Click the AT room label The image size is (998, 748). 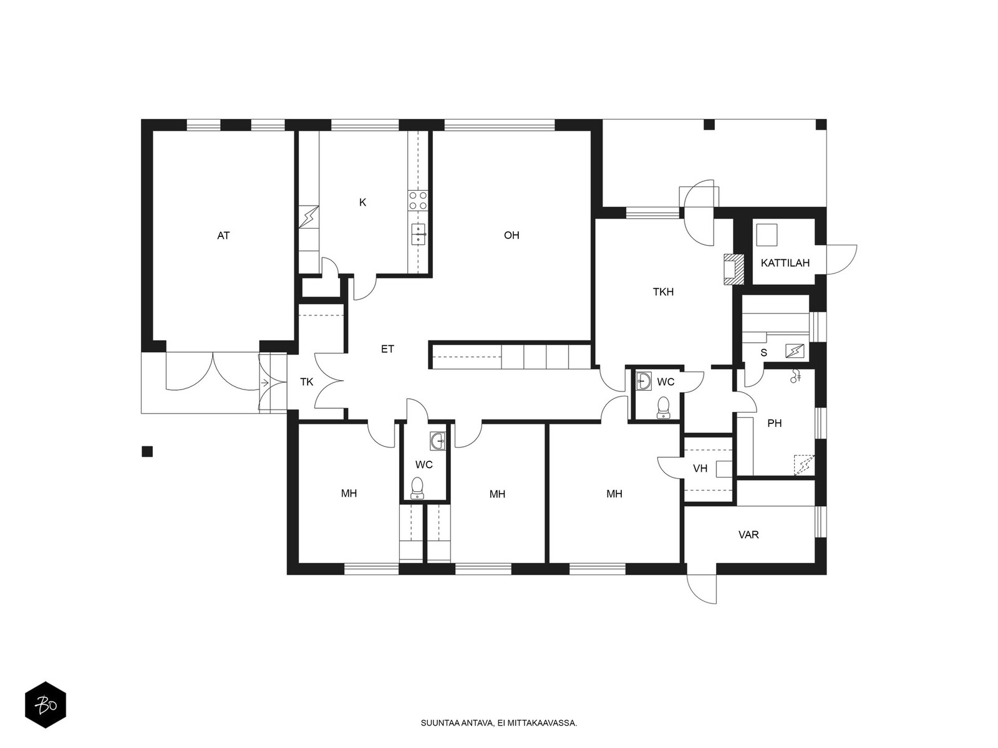coord(223,235)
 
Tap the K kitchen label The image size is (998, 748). coord(362,203)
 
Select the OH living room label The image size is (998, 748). coord(511,235)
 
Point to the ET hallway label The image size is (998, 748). coord(387,349)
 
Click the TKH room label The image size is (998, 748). coord(663,292)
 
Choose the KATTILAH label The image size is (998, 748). coord(785,263)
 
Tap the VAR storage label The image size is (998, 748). coord(748,535)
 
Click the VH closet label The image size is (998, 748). coord(700,468)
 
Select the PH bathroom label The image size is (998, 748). coord(774,423)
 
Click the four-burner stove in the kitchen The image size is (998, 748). coord(418,200)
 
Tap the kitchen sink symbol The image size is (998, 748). coord(419,234)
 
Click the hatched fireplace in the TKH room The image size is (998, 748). coord(734,269)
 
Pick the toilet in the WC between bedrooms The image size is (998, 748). coord(417,488)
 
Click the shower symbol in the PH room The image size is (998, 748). coord(795,376)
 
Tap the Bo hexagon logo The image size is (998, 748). coord(46,705)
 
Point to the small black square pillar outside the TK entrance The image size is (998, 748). coord(147,451)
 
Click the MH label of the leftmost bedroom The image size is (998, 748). coord(349,493)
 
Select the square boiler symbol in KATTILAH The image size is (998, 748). coord(767,235)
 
